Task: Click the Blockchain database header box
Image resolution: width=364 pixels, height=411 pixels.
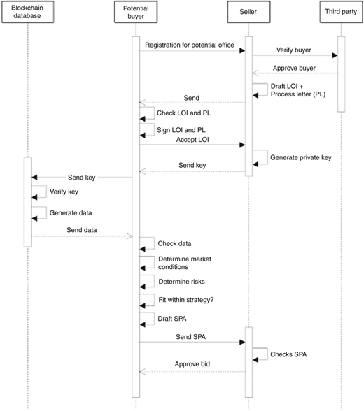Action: click(x=28, y=12)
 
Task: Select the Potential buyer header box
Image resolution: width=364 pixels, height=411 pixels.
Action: click(x=136, y=12)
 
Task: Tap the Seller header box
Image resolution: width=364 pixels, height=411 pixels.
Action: click(x=248, y=12)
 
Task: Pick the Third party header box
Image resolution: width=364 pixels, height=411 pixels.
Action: click(x=341, y=12)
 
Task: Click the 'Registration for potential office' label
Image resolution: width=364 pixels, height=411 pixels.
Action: click(x=190, y=45)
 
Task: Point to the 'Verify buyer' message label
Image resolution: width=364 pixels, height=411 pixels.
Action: click(x=294, y=50)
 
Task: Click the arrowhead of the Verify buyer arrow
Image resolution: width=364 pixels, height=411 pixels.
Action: click(x=335, y=55)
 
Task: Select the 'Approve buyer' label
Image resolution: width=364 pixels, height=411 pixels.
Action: click(x=294, y=68)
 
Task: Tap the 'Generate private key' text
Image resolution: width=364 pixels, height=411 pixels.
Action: click(x=301, y=157)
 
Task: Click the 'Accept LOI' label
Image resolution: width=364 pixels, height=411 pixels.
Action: click(x=192, y=140)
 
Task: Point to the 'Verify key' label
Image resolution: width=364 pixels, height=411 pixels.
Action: click(x=64, y=192)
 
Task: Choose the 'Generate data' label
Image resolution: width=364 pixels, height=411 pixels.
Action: click(x=71, y=212)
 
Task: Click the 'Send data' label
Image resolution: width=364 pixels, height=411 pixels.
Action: click(x=82, y=230)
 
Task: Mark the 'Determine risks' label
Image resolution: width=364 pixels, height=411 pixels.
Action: click(x=181, y=282)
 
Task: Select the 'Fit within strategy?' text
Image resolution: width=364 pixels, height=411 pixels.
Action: click(x=186, y=300)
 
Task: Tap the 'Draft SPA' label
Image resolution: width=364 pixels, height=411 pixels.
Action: click(x=172, y=319)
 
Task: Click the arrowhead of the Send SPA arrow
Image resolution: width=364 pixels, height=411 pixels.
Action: click(x=242, y=342)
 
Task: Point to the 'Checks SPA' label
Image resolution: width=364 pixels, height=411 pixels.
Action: click(x=288, y=354)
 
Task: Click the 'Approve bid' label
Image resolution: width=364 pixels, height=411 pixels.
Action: click(x=192, y=364)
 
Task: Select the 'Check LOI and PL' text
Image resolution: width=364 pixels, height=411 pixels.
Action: click(x=183, y=113)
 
